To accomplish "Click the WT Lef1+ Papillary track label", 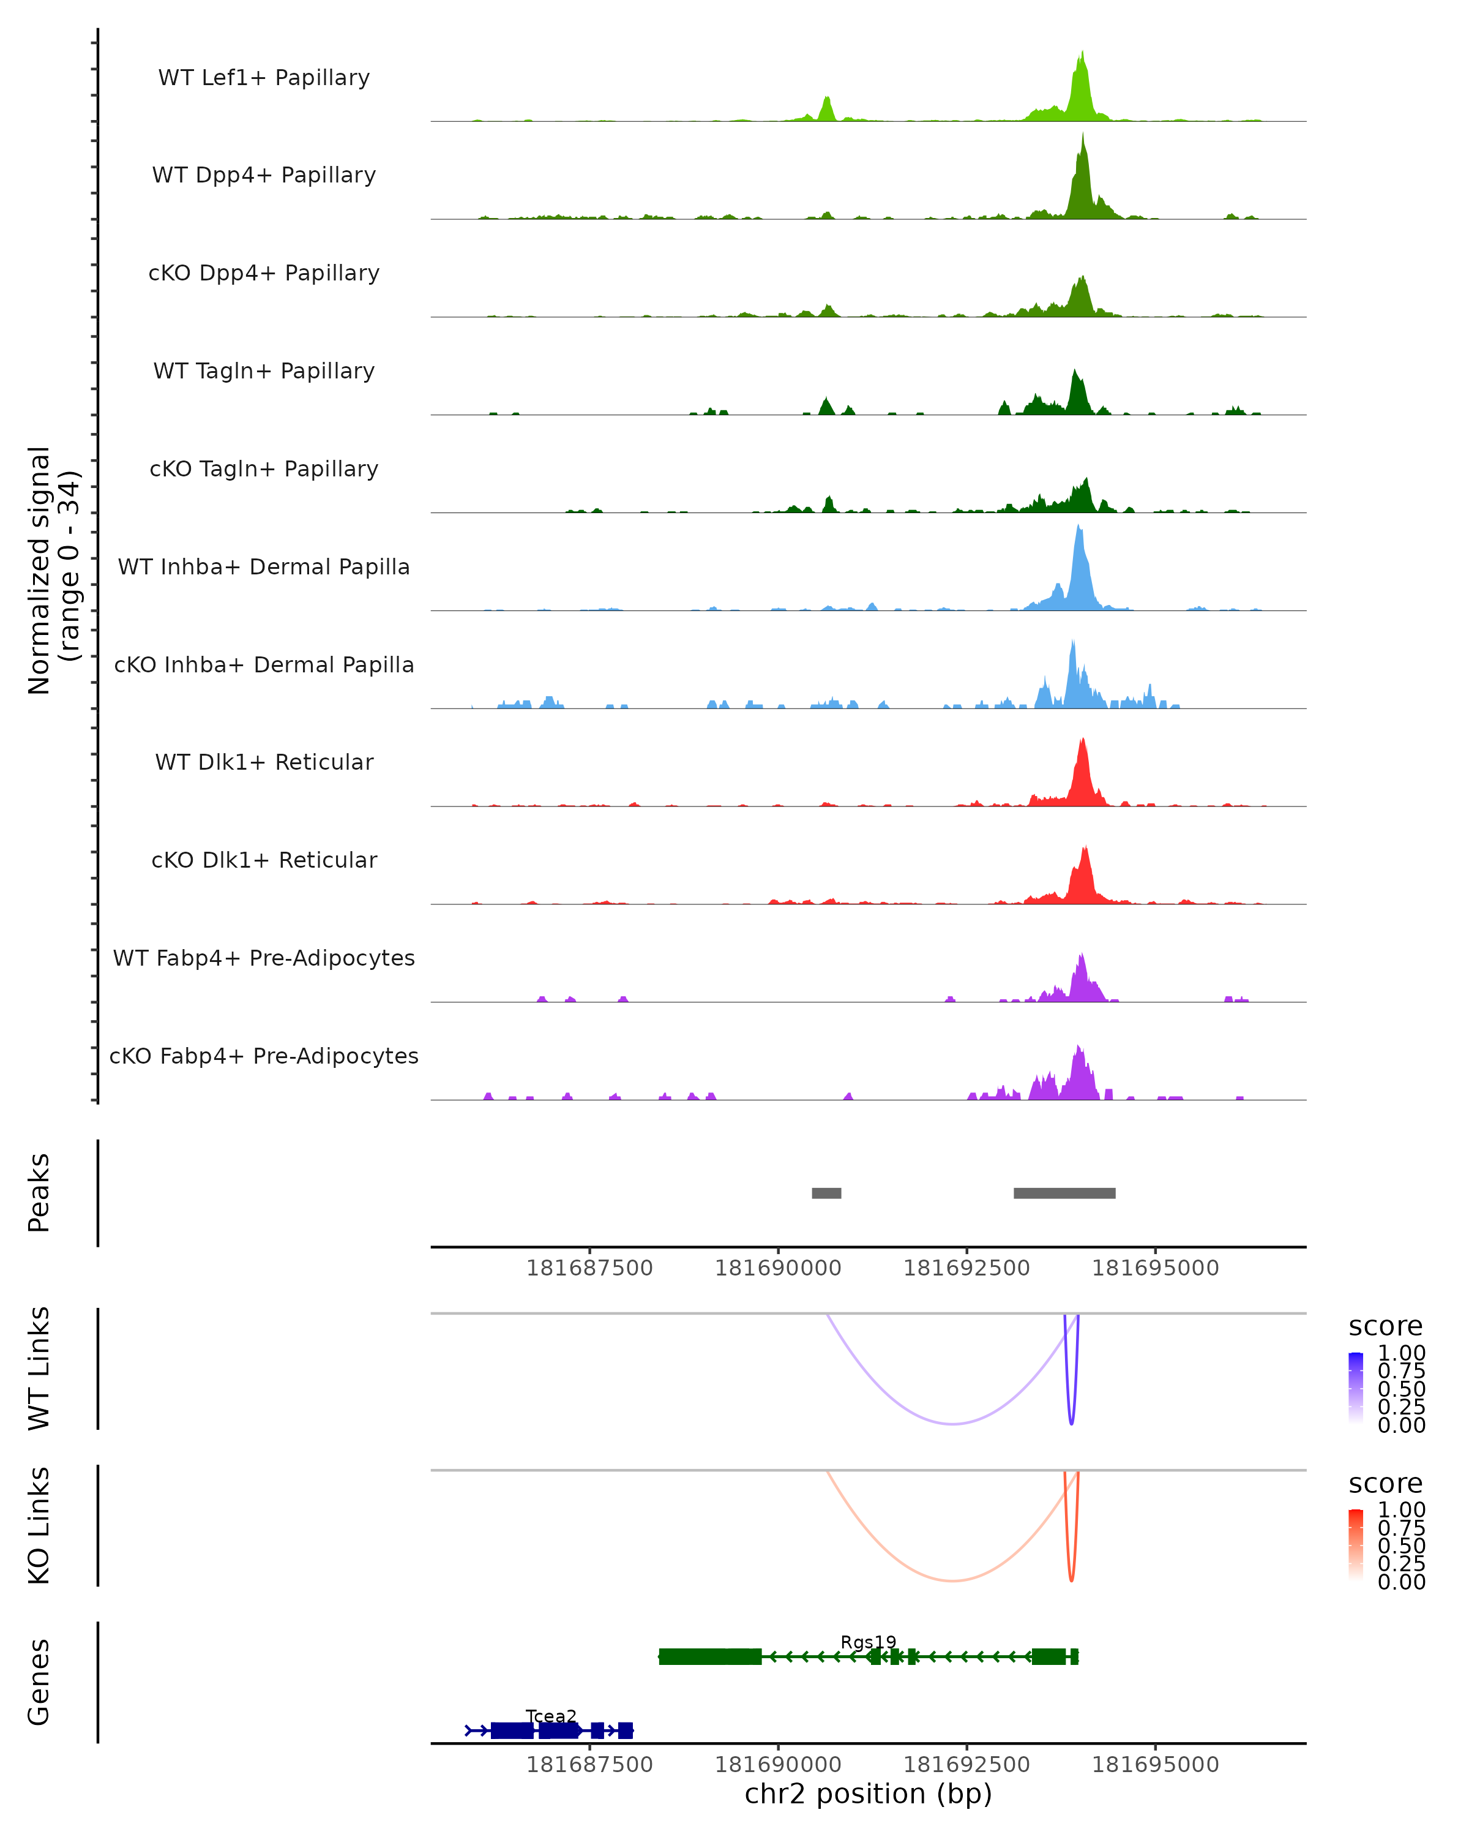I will click(x=264, y=78).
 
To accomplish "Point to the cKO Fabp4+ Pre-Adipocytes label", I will click(x=264, y=1056).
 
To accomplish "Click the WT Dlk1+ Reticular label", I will click(x=264, y=762).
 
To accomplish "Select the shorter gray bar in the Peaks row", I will click(x=826, y=1193).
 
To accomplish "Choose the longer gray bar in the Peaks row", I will click(x=1064, y=1193).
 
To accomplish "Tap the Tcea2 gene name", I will click(x=551, y=1716).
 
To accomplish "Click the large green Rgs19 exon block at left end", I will click(x=710, y=1656).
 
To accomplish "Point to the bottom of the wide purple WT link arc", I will click(x=953, y=1423).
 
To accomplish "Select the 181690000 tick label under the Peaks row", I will click(x=777, y=1268).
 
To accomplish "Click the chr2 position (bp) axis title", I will click(x=868, y=1794).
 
